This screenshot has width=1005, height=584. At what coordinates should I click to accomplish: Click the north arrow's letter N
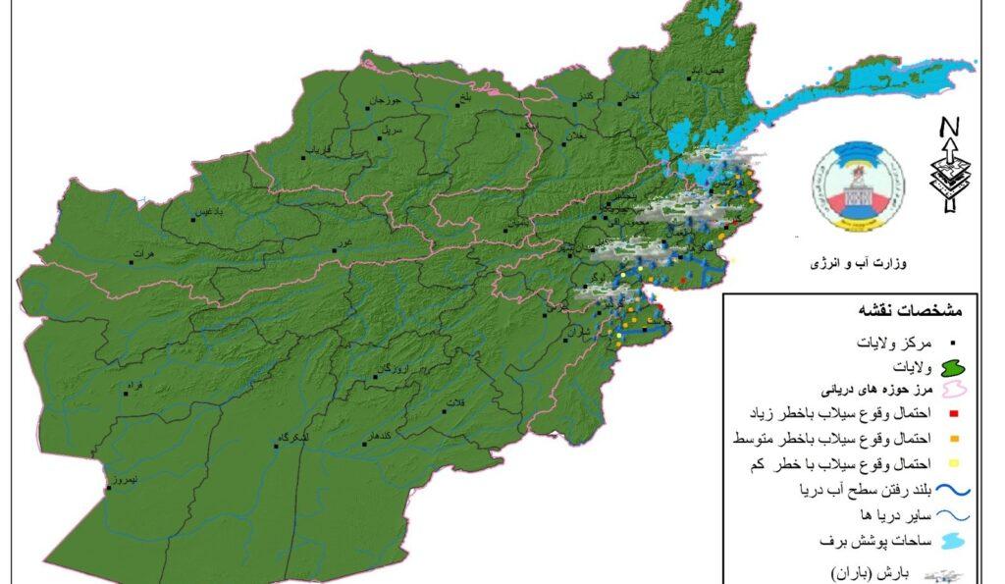tap(948, 128)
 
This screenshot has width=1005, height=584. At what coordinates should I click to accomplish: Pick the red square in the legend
tap(952, 412)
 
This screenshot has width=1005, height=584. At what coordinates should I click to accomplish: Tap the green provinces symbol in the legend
tap(950, 367)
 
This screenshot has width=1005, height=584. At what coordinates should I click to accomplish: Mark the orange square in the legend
tap(952, 438)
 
